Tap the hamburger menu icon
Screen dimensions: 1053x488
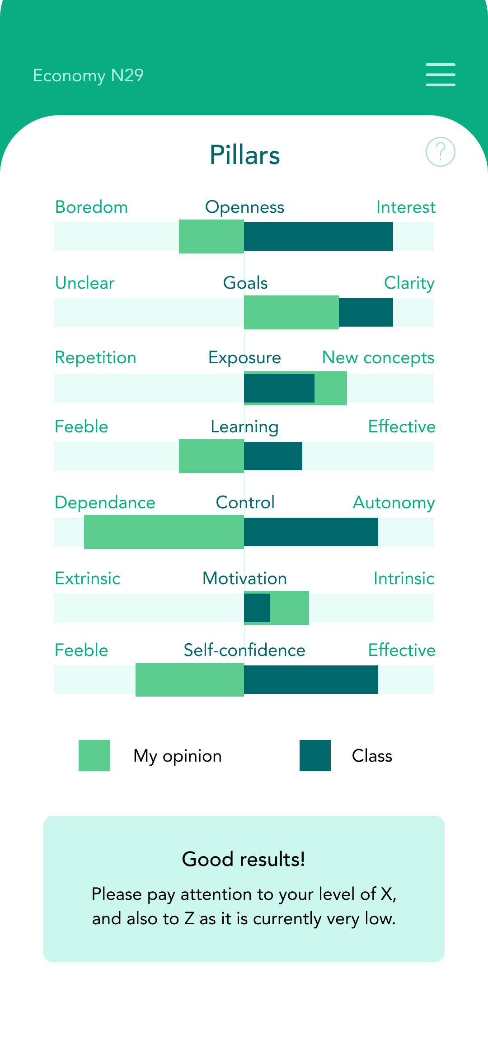point(440,75)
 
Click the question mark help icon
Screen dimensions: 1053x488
point(440,152)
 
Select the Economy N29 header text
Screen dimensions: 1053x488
point(88,75)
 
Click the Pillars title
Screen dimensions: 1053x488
point(244,155)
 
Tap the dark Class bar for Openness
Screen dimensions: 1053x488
point(318,236)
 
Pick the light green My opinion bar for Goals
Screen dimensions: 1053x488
point(291,312)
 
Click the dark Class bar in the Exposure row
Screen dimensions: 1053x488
point(279,388)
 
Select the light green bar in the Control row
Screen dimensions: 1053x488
point(164,532)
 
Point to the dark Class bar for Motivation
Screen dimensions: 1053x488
point(257,608)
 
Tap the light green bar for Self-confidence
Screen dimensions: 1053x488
point(189,679)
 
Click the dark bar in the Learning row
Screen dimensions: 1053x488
point(273,456)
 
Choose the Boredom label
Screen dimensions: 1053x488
point(91,207)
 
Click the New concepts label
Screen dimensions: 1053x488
point(378,358)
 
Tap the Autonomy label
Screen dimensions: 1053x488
point(394,503)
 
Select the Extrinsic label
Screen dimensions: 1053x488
point(88,579)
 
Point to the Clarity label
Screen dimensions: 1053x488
point(409,283)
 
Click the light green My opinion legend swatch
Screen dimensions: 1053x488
point(94,755)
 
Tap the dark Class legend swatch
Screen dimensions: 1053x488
point(315,755)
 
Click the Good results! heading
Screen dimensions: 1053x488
point(244,859)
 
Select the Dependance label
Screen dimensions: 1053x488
point(105,503)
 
